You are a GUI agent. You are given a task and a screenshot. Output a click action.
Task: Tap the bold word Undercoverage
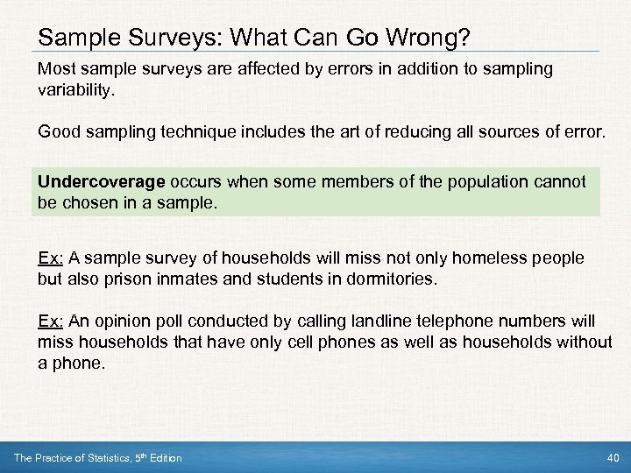102,182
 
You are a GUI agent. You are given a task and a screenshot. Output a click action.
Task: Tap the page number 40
612,458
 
